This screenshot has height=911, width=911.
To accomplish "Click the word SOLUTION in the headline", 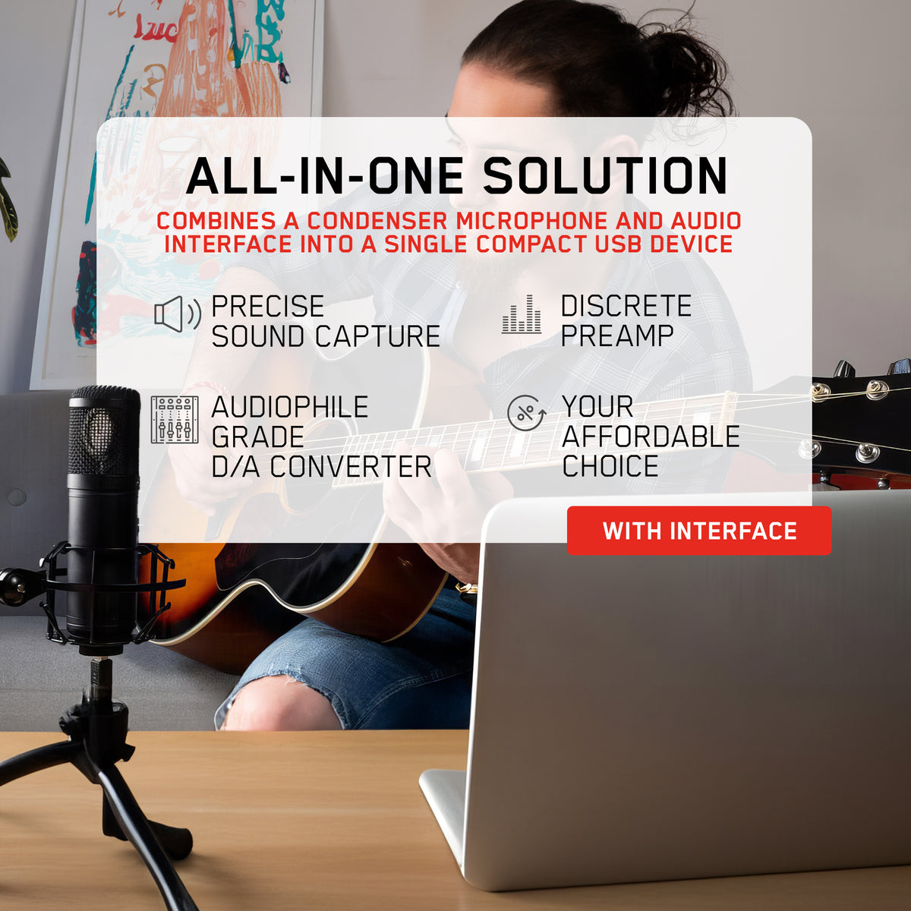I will pyautogui.click(x=605, y=176).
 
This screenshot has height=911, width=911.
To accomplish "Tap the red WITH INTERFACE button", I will pyautogui.click(x=699, y=531).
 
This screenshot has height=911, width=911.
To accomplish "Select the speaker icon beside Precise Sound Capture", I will pyautogui.click(x=177, y=314).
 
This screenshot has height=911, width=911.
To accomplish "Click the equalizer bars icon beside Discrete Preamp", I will pyautogui.click(x=522, y=314).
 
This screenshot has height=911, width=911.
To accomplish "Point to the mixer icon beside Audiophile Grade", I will pyautogui.click(x=175, y=420).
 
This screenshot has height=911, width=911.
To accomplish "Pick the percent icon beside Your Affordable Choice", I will pyautogui.click(x=526, y=413).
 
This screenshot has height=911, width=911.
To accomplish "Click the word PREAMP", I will pyautogui.click(x=616, y=336).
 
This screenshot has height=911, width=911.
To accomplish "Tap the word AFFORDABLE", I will pyautogui.click(x=651, y=437).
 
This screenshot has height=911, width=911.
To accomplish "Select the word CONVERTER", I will pyautogui.click(x=350, y=467).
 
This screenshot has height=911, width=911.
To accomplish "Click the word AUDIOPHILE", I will pyautogui.click(x=289, y=407).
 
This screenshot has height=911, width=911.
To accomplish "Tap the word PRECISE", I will pyautogui.click(x=267, y=307).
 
